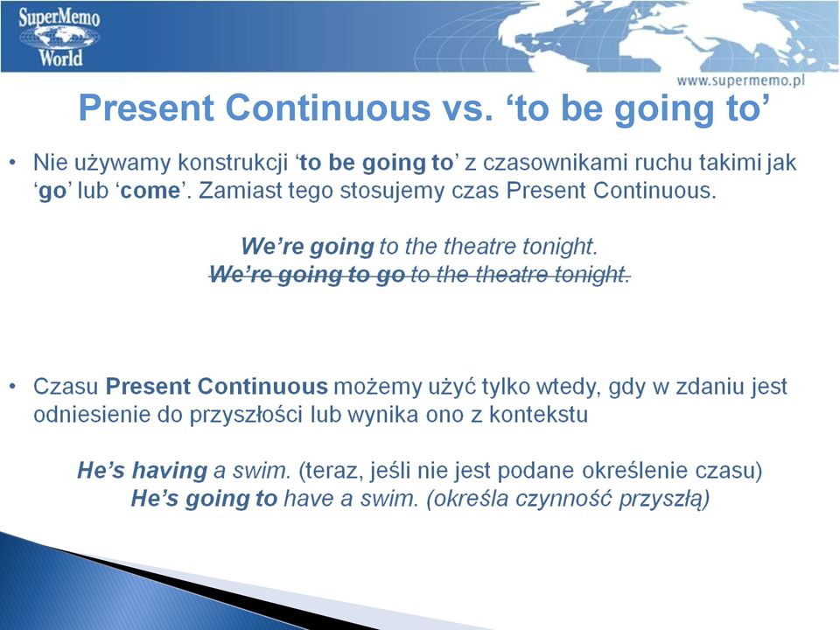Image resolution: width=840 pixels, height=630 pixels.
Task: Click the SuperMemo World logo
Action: point(59,37)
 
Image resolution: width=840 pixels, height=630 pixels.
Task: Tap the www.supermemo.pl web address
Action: point(740,80)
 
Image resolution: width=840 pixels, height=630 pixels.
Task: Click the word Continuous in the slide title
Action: point(328,108)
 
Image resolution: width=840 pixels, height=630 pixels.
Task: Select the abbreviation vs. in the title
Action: point(466,108)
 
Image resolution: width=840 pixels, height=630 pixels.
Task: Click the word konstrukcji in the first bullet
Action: point(233,163)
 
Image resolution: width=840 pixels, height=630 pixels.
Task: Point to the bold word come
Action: point(150,191)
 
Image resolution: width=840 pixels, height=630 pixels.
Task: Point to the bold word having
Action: point(170,471)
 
